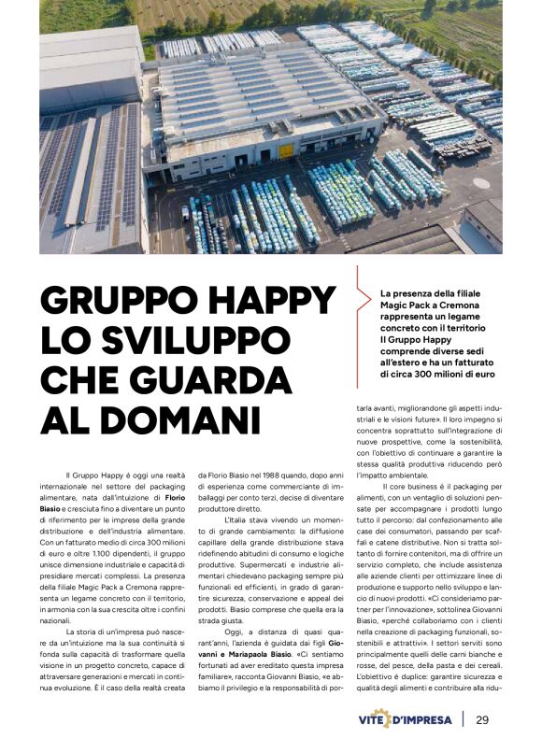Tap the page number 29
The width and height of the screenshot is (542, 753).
click(482, 719)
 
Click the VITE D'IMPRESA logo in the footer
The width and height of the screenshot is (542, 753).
click(407, 719)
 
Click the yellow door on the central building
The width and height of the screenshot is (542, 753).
click(285, 150)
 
